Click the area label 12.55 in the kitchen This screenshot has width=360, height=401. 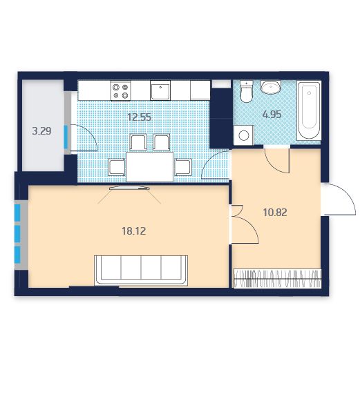click(x=140, y=117)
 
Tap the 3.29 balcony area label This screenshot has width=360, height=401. click(x=41, y=131)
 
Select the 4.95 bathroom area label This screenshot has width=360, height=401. click(x=272, y=115)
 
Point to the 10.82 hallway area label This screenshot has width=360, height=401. click(x=275, y=213)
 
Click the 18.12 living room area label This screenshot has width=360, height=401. click(x=133, y=231)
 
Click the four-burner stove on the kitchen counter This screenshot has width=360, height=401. click(x=120, y=91)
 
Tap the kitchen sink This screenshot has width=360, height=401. click(x=160, y=90)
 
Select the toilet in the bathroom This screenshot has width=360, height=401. click(x=247, y=91)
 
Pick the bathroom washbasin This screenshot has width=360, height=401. click(x=271, y=87)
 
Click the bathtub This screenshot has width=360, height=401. click(x=309, y=110)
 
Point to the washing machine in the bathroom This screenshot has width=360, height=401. click(x=244, y=135)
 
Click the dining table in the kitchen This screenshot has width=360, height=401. click(x=150, y=167)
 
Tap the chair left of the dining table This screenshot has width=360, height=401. click(x=117, y=167)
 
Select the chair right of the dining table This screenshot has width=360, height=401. click(x=183, y=167)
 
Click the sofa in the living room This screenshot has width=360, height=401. click(x=141, y=271)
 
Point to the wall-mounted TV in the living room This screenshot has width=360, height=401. click(x=129, y=188)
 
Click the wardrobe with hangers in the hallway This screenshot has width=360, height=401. click(x=278, y=279)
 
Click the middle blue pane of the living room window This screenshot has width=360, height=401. click(x=17, y=233)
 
